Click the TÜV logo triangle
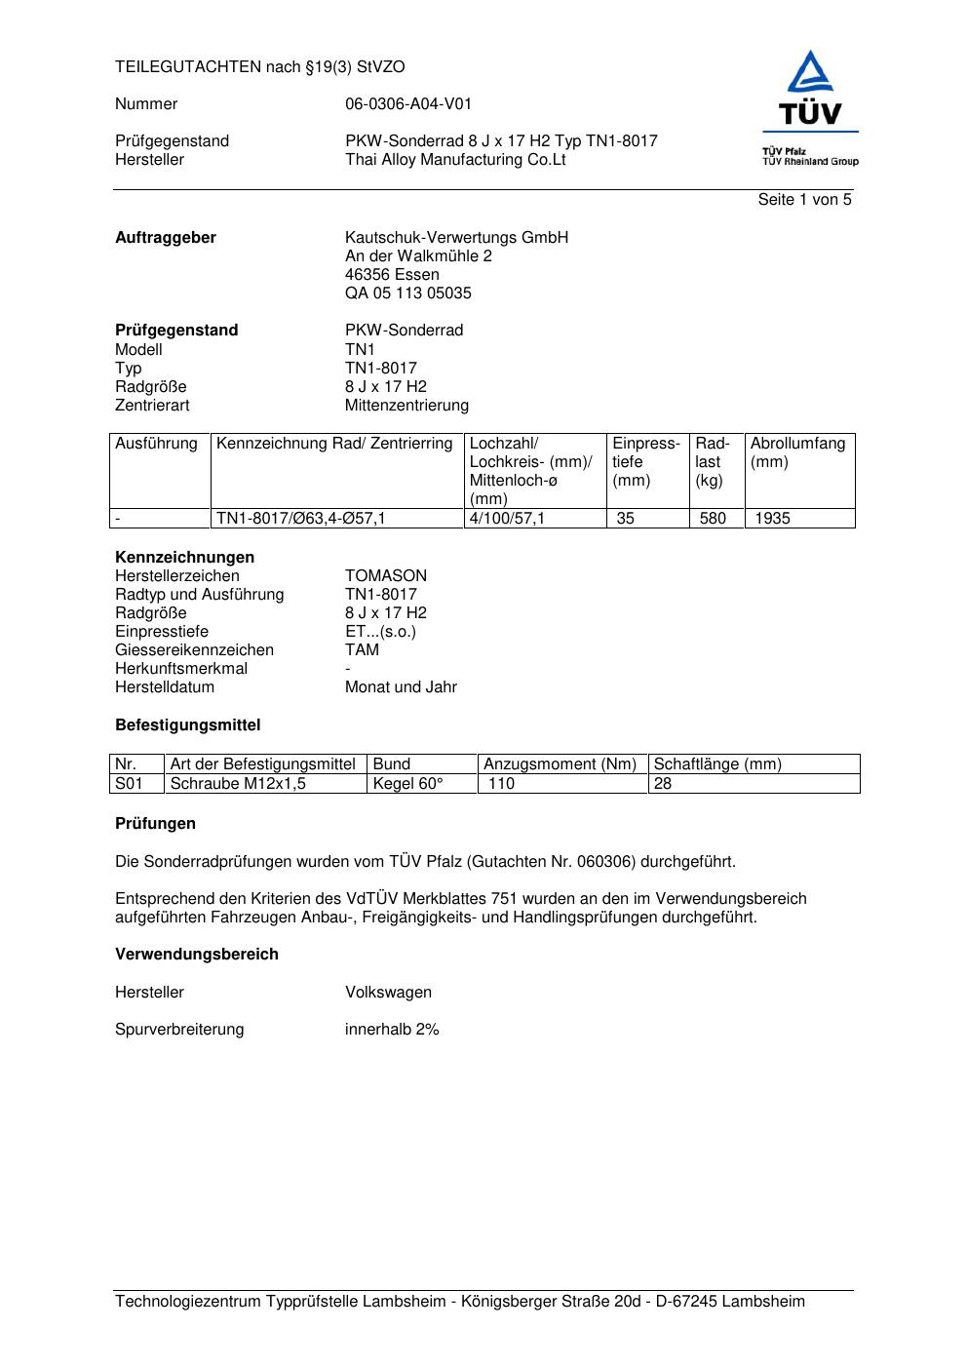[x=810, y=73]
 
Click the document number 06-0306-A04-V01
[x=408, y=104]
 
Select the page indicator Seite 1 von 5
[x=804, y=200]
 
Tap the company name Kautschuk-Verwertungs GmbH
[x=456, y=238]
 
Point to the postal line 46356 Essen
[x=392, y=275]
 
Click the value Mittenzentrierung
[x=406, y=406]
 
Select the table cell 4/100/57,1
[x=507, y=519]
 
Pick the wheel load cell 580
[x=713, y=519]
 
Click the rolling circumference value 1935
[x=772, y=519]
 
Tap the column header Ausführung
[x=156, y=445]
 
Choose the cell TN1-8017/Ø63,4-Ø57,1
[x=301, y=519]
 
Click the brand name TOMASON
[x=386, y=576]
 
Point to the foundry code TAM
[x=362, y=650]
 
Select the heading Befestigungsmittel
[x=188, y=725]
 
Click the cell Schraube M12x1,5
[x=238, y=784]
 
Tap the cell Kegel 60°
[x=408, y=784]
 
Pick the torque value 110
[x=501, y=784]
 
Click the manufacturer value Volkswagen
[x=388, y=993]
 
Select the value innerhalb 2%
[x=392, y=1030]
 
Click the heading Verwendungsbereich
[x=197, y=955]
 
